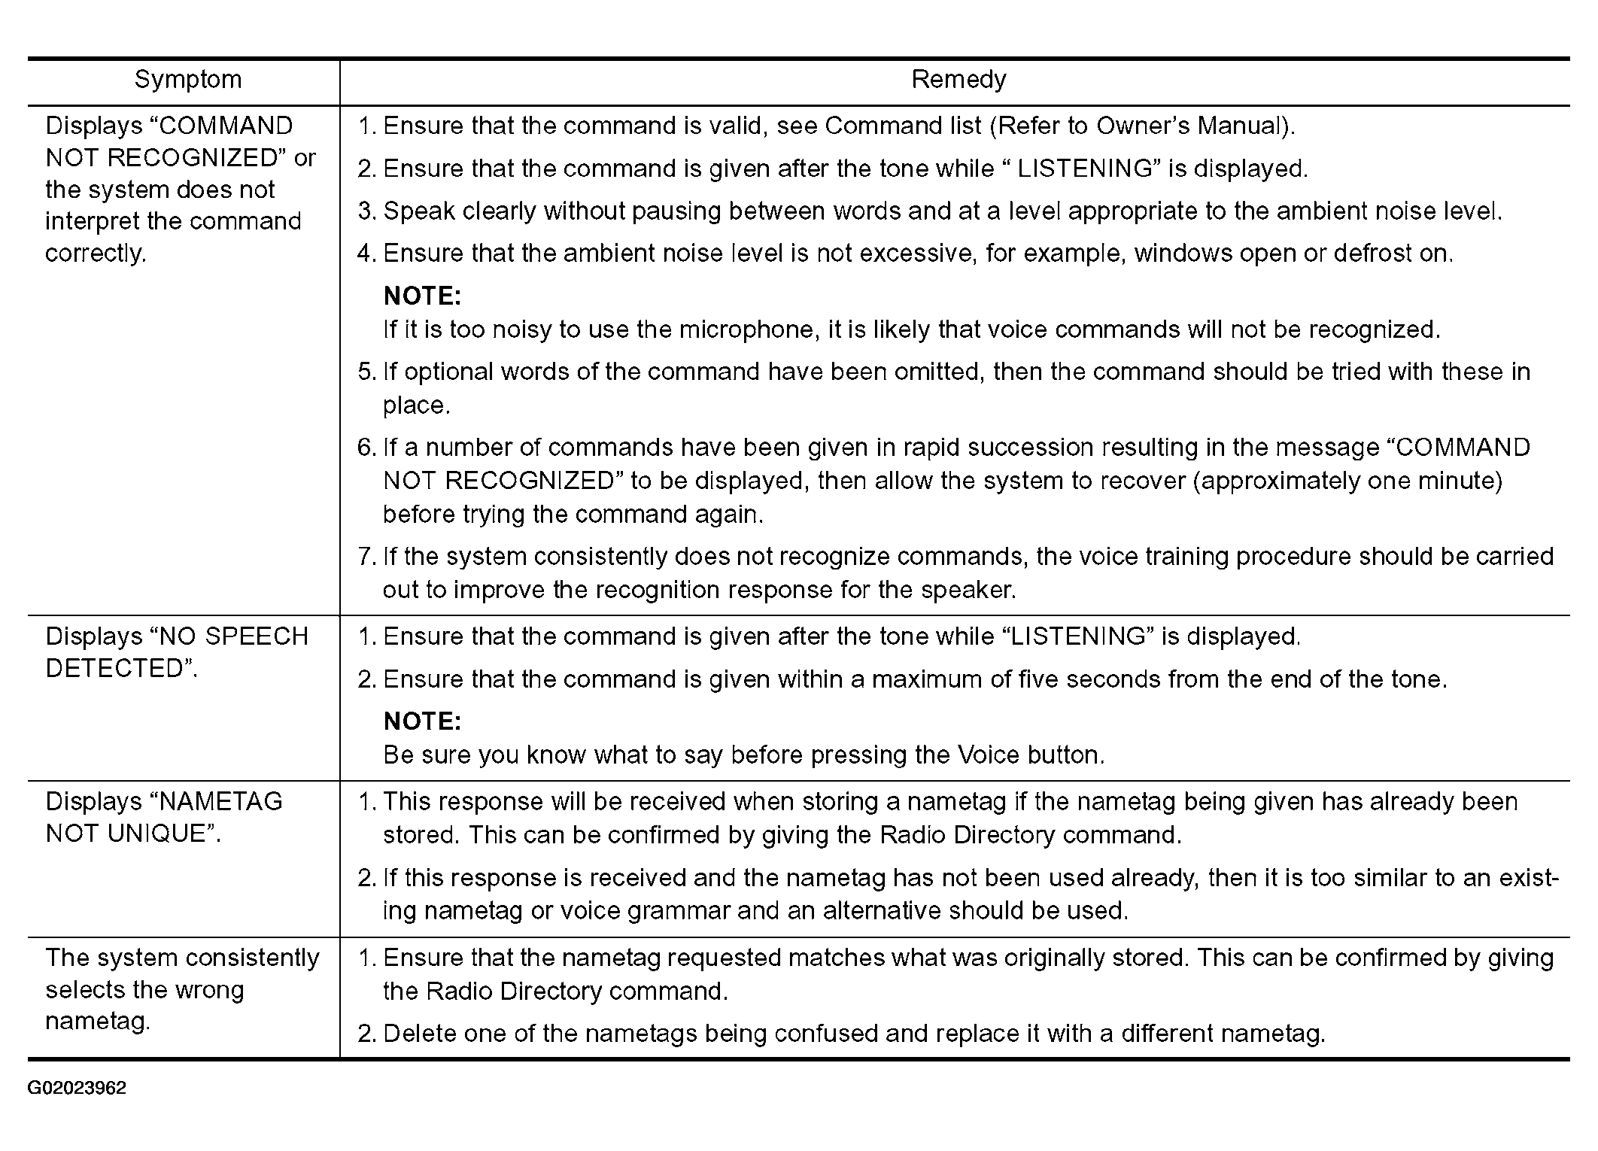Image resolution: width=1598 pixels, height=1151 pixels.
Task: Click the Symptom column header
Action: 188,80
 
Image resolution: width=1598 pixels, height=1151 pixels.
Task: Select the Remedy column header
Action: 958,80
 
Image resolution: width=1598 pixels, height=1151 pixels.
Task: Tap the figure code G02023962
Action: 77,1089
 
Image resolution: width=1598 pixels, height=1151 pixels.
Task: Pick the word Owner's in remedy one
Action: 1143,126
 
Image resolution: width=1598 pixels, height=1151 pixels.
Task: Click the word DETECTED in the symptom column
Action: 115,668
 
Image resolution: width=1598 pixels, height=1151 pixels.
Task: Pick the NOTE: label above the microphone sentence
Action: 422,296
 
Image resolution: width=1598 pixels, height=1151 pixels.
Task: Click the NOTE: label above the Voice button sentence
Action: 422,721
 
